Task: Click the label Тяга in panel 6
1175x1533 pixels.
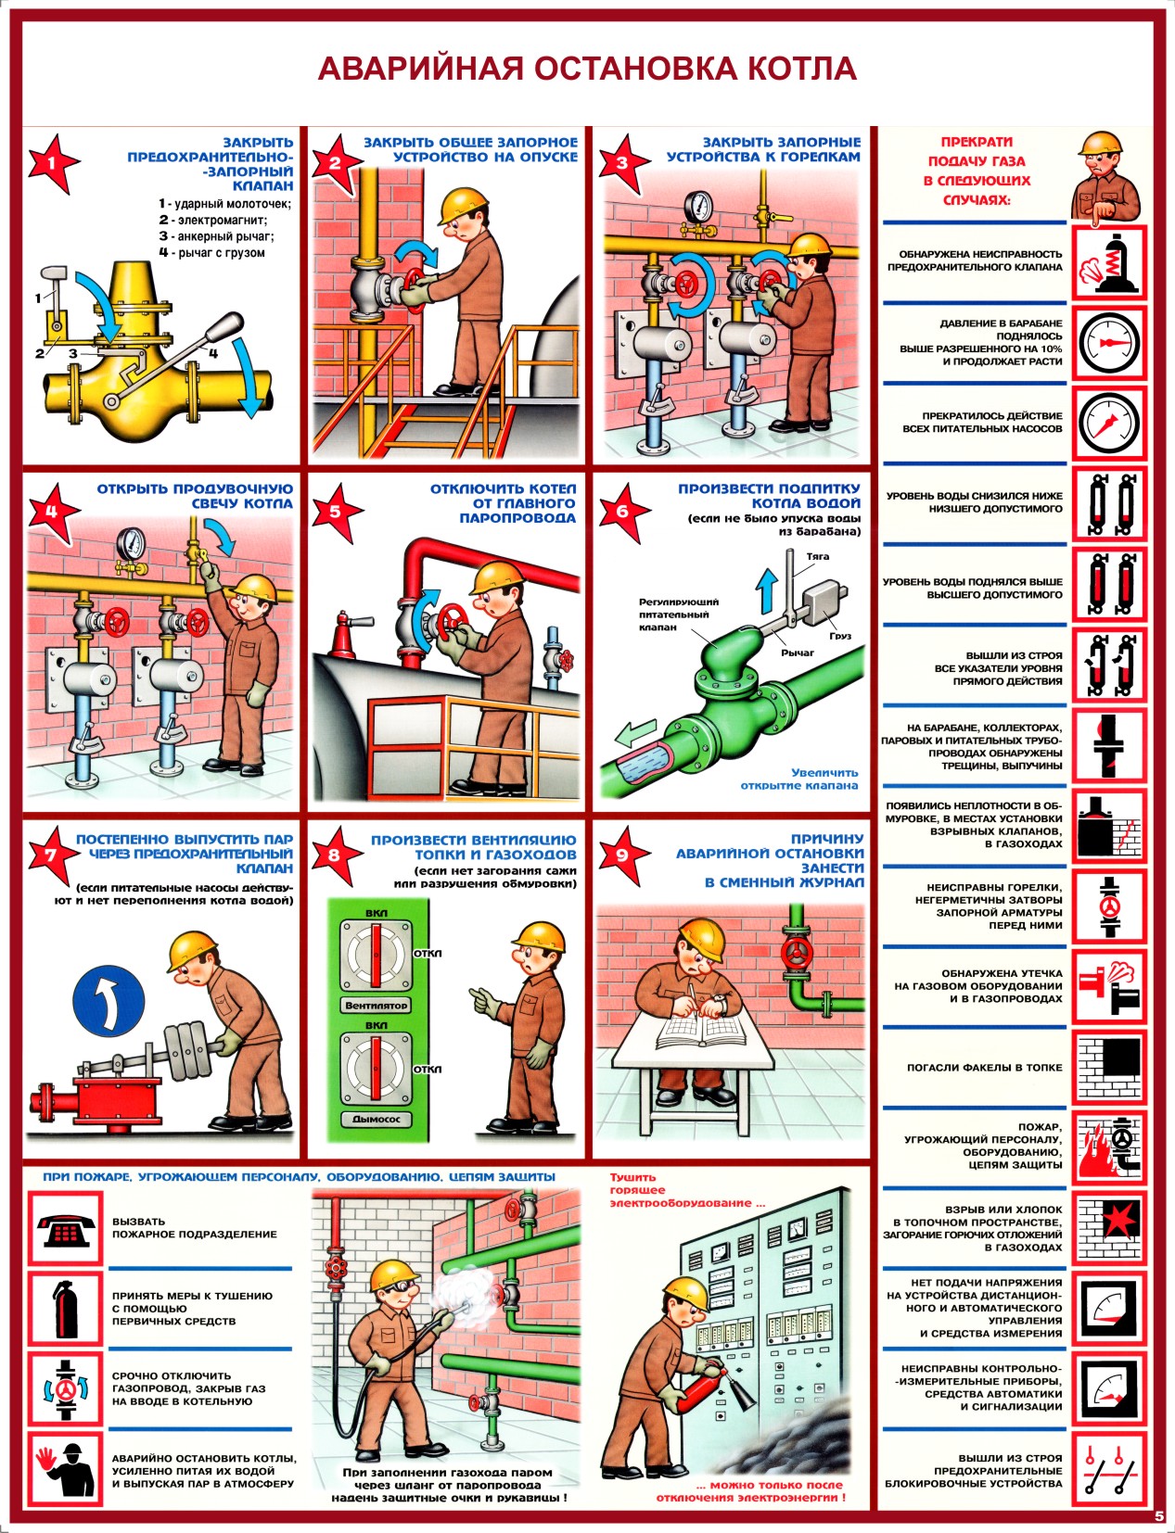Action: pos(817,557)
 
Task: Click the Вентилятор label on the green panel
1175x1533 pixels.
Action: pos(377,1005)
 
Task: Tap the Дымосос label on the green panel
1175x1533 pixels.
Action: pos(377,1119)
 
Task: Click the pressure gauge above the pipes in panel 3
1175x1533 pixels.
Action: pos(699,206)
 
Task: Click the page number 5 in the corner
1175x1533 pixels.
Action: pos(1159,1516)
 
